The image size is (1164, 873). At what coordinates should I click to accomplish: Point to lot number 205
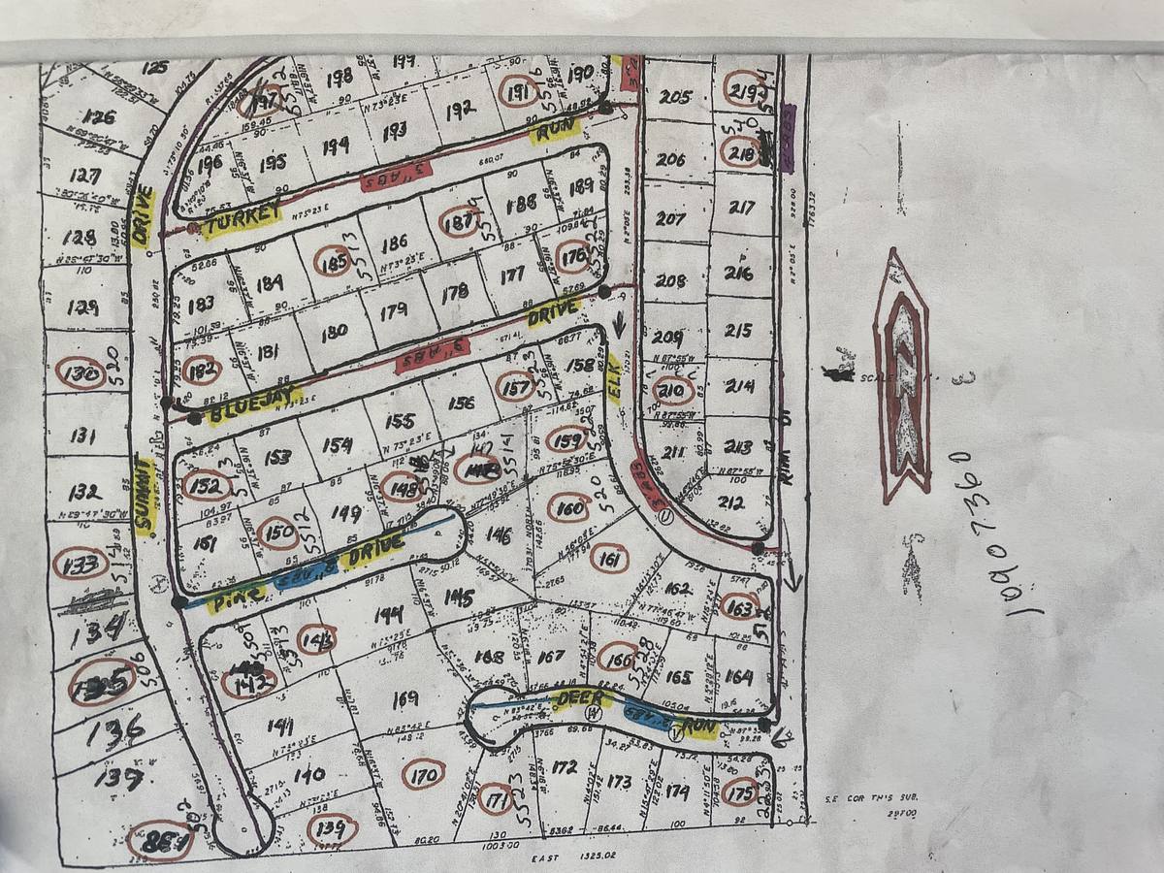click(x=674, y=97)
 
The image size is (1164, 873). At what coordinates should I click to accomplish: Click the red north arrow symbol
click(x=902, y=378)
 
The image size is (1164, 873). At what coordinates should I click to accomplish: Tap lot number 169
click(x=404, y=698)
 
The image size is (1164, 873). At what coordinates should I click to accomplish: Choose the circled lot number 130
click(x=81, y=373)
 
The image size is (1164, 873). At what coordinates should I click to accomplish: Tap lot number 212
click(x=731, y=503)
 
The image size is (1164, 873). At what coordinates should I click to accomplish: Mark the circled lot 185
click(x=334, y=261)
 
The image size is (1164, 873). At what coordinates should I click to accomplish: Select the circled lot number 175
click(x=740, y=792)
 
